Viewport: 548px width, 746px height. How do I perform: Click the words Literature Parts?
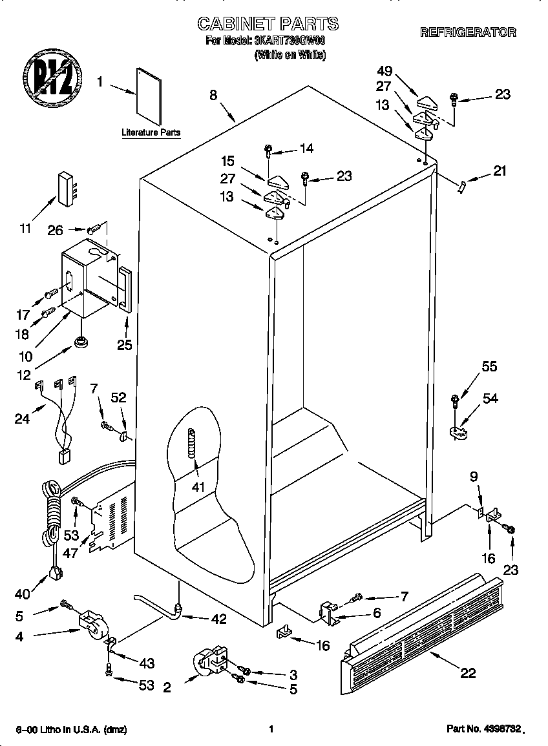151,132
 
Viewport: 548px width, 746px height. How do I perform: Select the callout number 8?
213,95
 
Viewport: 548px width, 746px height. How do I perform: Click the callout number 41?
198,486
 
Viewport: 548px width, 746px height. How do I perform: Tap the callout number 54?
490,399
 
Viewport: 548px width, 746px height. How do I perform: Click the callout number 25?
124,346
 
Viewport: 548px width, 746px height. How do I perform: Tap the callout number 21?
500,171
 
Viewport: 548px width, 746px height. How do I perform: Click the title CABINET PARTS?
268,24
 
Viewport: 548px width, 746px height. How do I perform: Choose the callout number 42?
218,619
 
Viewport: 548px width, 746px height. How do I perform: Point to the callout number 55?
489,366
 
